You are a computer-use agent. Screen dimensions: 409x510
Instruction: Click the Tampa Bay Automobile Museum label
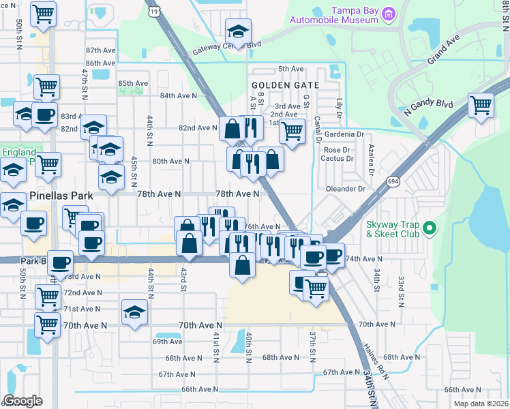click(x=333, y=15)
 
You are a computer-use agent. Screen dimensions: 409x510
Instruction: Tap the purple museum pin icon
click(x=389, y=13)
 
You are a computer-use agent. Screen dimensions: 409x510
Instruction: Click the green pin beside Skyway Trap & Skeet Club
click(x=429, y=228)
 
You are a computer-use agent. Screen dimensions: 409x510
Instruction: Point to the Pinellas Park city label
click(x=61, y=196)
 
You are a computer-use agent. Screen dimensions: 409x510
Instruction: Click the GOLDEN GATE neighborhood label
click(x=285, y=85)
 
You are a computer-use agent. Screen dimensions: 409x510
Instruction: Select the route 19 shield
click(x=155, y=11)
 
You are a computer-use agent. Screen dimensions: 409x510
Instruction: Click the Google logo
click(x=22, y=401)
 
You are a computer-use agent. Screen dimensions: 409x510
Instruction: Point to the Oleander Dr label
click(x=346, y=189)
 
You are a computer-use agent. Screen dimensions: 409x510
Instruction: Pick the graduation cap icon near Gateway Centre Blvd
click(x=239, y=31)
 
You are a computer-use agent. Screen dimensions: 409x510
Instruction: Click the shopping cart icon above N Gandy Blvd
click(x=481, y=105)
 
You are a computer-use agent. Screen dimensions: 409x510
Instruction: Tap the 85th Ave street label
click(x=133, y=84)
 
